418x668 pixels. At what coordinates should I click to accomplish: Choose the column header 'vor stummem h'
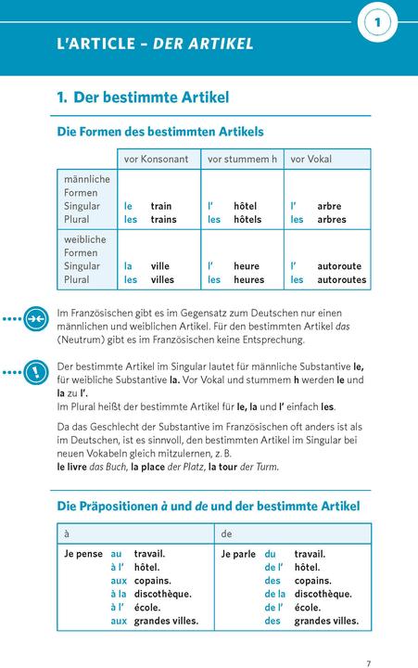click(x=242, y=160)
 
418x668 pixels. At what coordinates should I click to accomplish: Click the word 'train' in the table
click(x=161, y=206)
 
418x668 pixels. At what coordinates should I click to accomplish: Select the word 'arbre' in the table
click(x=329, y=206)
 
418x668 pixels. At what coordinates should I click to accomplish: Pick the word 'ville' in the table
click(x=160, y=266)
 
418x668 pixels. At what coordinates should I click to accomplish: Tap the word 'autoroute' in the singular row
click(x=339, y=266)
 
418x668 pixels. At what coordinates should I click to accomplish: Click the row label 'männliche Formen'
click(x=86, y=186)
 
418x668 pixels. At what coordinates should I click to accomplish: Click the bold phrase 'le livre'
click(x=73, y=467)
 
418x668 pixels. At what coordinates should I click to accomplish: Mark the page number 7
click(x=368, y=637)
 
